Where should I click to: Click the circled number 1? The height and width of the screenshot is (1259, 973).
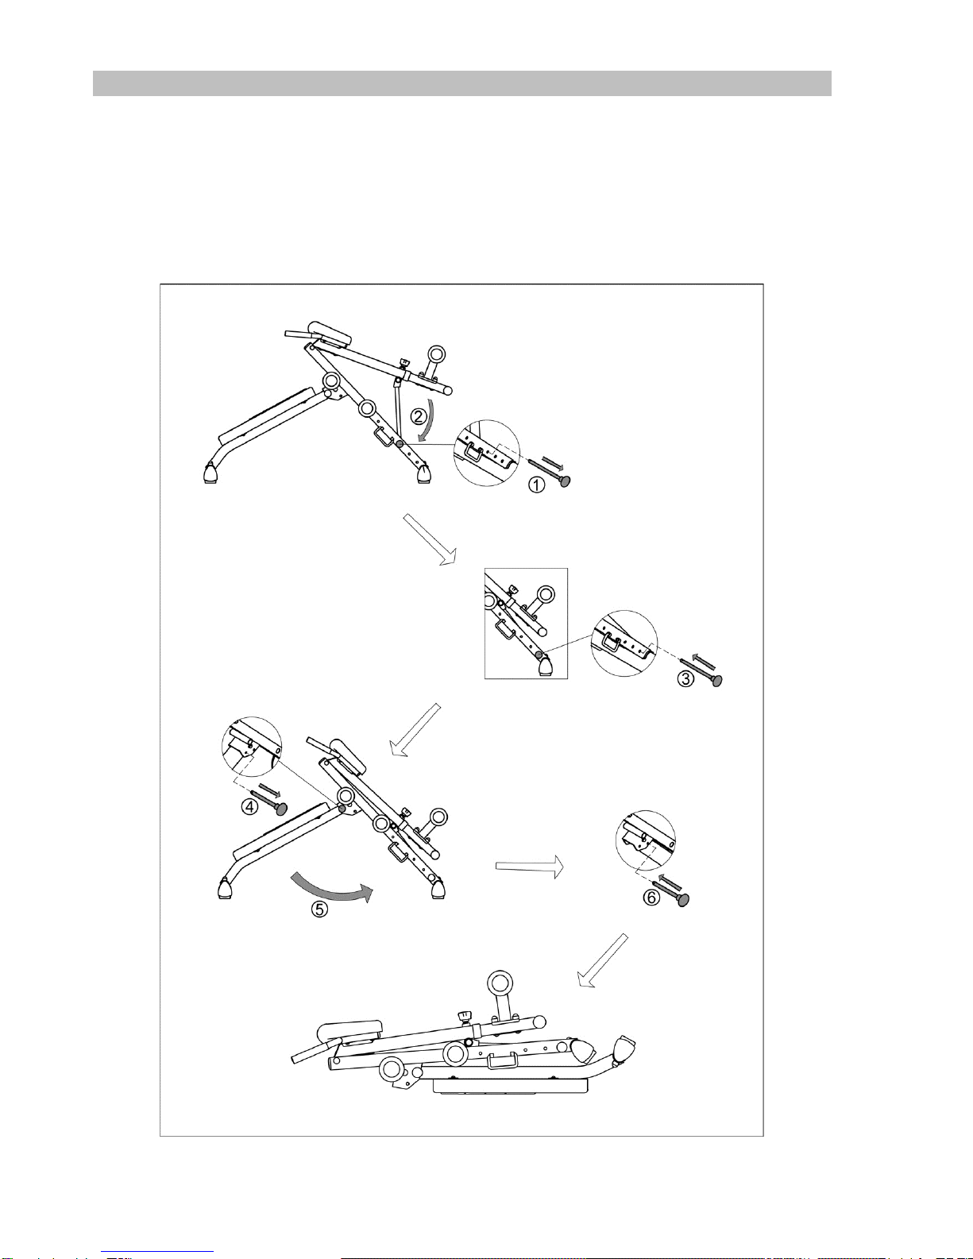tap(536, 485)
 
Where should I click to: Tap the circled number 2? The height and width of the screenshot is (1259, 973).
tap(419, 416)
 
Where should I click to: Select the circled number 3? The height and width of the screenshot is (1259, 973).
tap(685, 678)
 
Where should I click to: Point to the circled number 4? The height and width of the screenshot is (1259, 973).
tap(249, 806)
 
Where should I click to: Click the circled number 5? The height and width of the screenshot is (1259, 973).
tap(319, 909)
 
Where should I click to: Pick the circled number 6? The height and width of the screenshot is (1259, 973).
tap(651, 898)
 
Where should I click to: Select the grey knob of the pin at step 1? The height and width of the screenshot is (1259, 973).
tap(565, 480)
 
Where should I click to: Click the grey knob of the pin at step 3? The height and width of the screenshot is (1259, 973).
tap(716, 680)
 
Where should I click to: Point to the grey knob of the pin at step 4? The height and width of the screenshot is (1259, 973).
tap(282, 809)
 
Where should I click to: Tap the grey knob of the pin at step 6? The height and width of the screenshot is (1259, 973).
tap(683, 900)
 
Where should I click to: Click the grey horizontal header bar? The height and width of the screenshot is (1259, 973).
tap(462, 83)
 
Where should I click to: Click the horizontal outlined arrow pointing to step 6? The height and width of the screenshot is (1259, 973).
tap(529, 866)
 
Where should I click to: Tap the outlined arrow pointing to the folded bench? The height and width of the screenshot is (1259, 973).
tap(602, 960)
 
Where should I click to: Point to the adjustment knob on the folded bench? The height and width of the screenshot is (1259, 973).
tap(465, 1017)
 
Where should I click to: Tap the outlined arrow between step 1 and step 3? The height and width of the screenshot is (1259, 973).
tap(430, 539)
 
